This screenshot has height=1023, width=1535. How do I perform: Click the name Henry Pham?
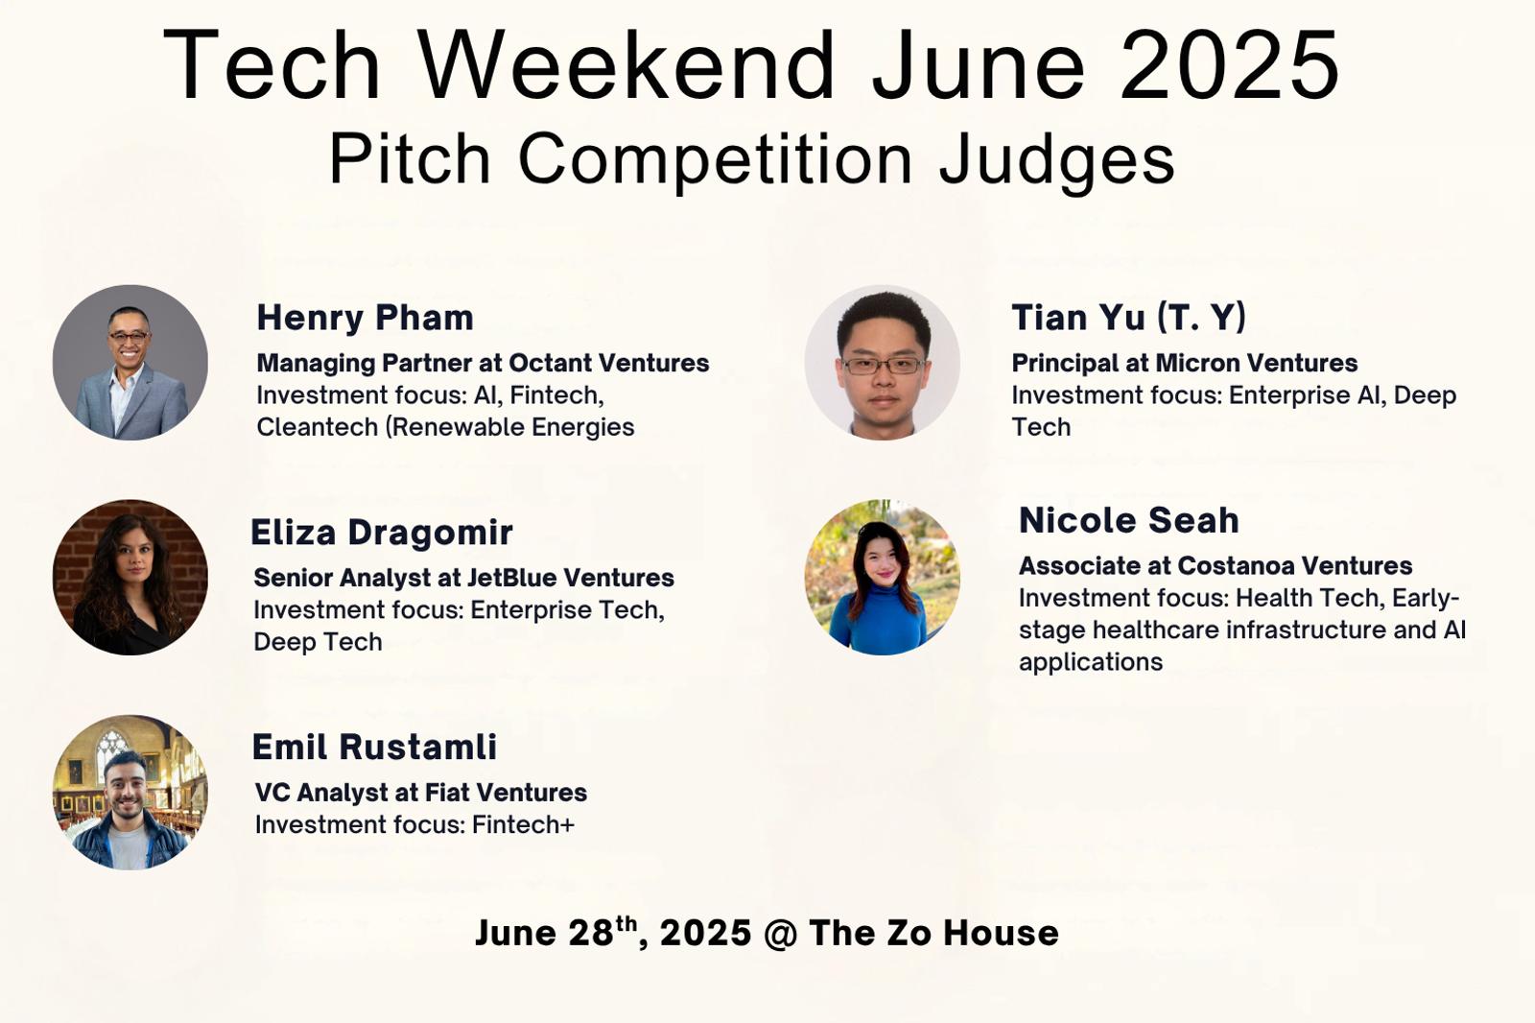(366, 318)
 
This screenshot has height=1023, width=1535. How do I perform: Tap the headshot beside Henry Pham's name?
(130, 363)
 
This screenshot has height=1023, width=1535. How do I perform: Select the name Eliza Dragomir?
(382, 533)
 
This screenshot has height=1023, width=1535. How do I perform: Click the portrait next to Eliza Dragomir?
(130, 578)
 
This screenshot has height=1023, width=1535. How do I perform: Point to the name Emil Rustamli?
(374, 747)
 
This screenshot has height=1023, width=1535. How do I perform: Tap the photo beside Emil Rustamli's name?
(130, 793)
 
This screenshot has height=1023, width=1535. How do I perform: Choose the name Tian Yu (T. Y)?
(1128, 318)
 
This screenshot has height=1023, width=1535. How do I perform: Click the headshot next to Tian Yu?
(883, 363)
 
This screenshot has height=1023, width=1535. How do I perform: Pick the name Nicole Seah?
(1129, 520)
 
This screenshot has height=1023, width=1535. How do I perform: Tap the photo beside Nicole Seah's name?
(883, 578)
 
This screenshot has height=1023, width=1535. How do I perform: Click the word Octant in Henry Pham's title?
(551, 363)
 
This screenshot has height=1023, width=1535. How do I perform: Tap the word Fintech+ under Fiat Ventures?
(523, 825)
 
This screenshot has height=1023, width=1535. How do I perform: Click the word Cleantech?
(318, 427)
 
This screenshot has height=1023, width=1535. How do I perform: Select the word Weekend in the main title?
(626, 65)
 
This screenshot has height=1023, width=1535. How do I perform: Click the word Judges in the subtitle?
(1057, 159)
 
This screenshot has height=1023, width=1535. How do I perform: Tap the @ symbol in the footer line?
(781, 934)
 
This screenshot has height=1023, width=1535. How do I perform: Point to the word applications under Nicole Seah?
(1091, 662)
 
